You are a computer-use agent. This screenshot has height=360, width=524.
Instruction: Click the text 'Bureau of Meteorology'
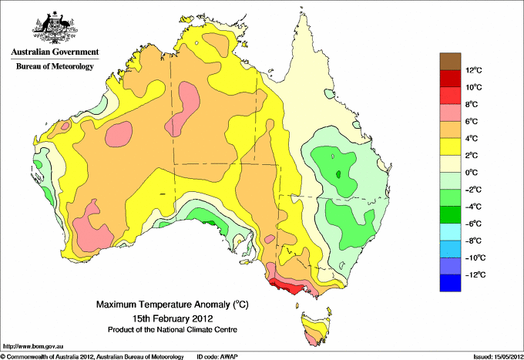point(55,66)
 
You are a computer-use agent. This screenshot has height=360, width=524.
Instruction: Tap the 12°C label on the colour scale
point(474,70)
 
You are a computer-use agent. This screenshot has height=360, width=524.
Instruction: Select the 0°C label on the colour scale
point(474,173)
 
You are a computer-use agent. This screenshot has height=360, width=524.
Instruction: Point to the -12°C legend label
point(474,274)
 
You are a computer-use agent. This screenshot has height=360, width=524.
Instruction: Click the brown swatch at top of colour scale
point(449,61)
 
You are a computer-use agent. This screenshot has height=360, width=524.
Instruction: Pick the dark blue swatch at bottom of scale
point(449,283)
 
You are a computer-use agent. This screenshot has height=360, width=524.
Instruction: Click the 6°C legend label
point(474,121)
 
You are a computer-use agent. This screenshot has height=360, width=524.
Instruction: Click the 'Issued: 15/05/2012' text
point(497,356)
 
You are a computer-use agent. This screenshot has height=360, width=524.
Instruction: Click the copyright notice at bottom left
point(92,356)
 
